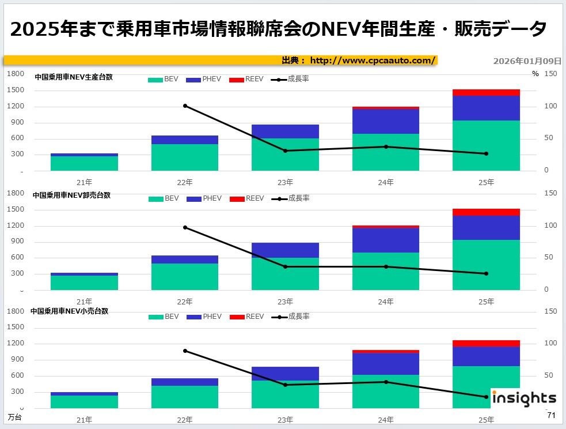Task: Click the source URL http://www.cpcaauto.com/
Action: point(373,61)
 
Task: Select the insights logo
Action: point(523,398)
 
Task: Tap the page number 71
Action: point(551,416)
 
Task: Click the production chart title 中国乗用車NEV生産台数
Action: point(73,77)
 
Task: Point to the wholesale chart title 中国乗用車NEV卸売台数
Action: point(71,195)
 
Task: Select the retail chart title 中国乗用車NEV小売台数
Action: point(69,311)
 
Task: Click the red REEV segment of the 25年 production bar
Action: point(486,92)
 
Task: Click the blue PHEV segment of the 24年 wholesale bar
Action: point(386,240)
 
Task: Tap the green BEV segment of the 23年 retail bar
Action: point(286,394)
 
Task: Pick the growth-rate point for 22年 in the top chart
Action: point(185,106)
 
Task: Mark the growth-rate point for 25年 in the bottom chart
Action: point(486,397)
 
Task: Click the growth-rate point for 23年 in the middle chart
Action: point(286,266)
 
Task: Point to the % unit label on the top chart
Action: point(535,74)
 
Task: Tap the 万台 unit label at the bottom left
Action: point(14,417)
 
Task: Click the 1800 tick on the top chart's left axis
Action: point(16,74)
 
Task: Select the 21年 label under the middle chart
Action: point(85,302)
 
